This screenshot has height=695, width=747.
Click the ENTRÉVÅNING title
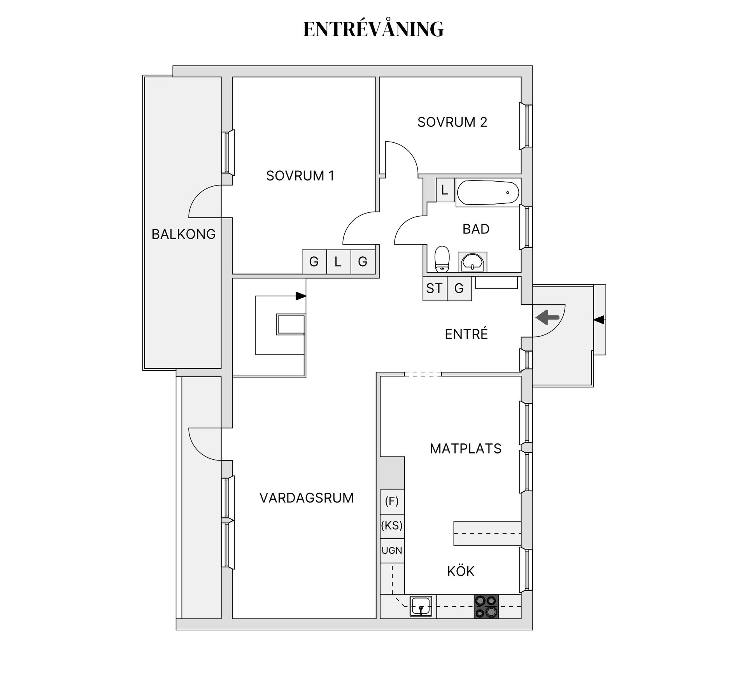point(373,29)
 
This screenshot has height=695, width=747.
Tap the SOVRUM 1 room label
point(300,176)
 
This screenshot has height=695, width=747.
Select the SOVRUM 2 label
point(452,122)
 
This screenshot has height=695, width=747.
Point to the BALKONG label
point(184,234)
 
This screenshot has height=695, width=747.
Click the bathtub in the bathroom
point(488,193)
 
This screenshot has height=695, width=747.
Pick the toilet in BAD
point(442,259)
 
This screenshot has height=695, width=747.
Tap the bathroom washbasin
point(472,262)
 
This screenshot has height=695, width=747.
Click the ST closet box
point(435,288)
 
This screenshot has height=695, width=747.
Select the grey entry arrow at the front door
point(547,317)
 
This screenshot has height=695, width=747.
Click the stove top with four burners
point(486,606)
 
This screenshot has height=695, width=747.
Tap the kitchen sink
point(421,606)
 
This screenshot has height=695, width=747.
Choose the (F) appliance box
point(392,502)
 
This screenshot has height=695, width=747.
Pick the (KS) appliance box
point(392,526)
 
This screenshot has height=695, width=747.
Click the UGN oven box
point(392,551)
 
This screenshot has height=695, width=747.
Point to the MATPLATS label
point(465,448)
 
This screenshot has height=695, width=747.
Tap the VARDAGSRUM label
point(307,498)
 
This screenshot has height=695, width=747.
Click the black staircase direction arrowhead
point(301,296)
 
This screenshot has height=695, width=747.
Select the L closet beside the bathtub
point(445,190)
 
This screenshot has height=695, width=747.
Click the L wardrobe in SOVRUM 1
point(338,261)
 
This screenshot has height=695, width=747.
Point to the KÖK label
point(461,571)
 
